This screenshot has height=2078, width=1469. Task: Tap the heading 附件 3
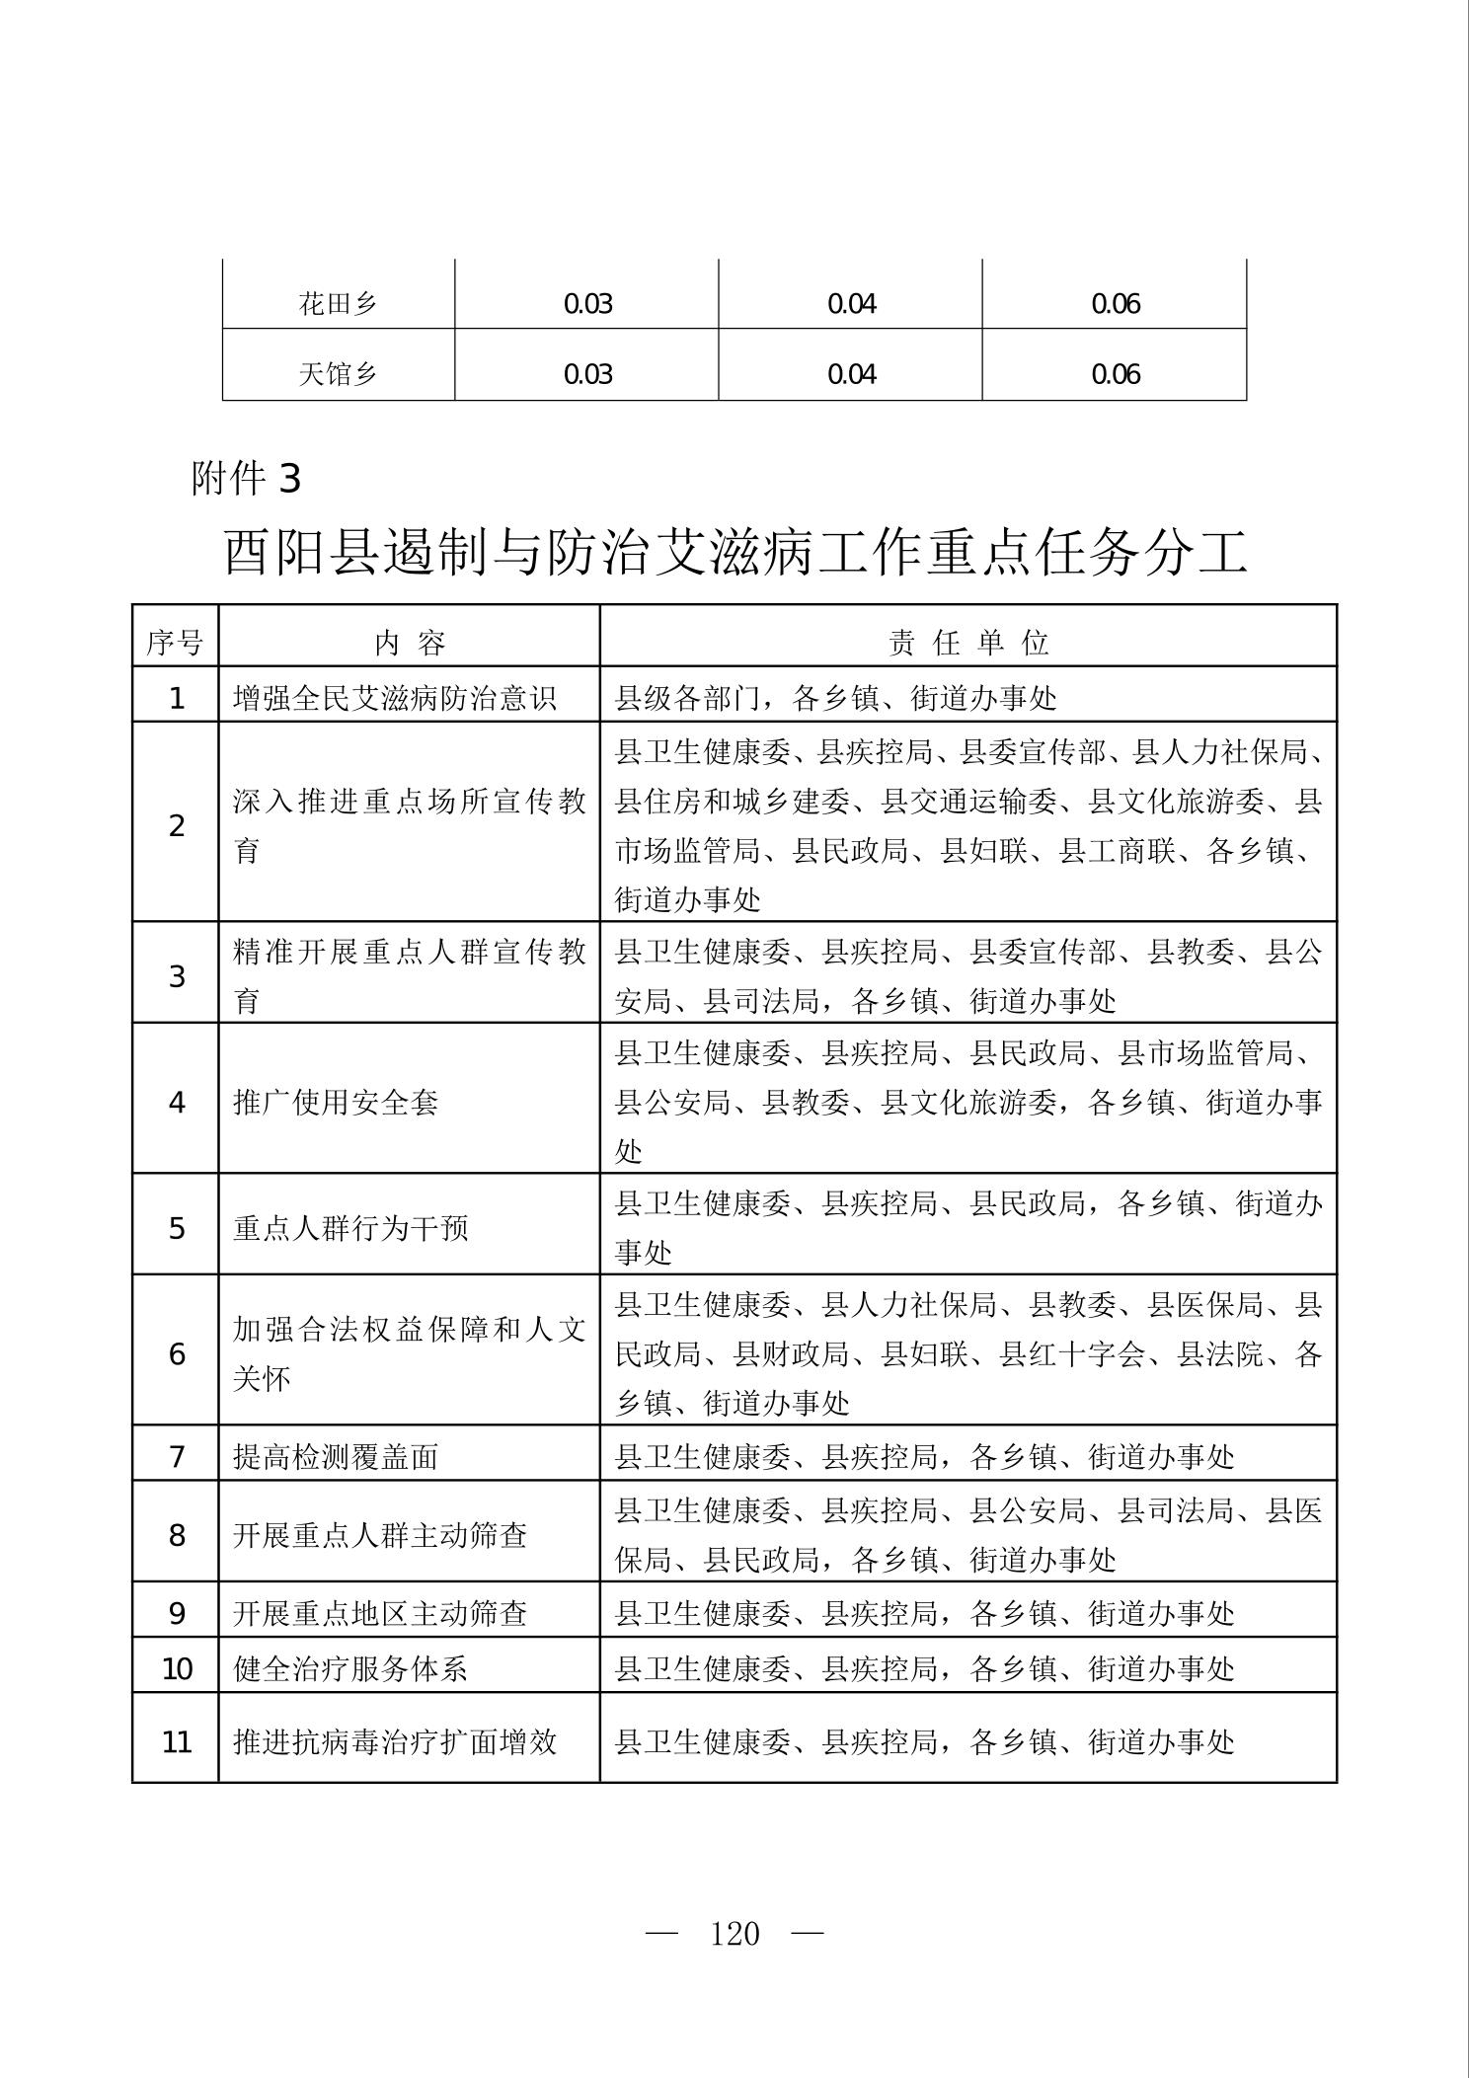(247, 479)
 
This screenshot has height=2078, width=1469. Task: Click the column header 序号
(175, 644)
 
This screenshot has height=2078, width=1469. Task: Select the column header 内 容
(410, 644)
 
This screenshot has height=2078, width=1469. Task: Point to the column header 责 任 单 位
(968, 644)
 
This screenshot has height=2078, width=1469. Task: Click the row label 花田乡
(338, 303)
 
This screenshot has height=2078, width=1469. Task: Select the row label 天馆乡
(338, 374)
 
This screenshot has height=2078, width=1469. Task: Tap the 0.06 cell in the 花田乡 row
(1115, 303)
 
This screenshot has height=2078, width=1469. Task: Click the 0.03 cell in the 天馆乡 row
(587, 374)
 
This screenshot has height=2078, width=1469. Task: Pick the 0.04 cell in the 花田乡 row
(851, 303)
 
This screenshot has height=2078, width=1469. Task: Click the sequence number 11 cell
(176, 1741)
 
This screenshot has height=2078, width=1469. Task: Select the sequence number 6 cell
(176, 1353)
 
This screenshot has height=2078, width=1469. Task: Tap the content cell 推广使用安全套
(336, 1102)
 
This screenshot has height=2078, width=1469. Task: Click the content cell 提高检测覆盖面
(336, 1456)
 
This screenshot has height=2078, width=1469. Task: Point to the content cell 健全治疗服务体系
(350, 1669)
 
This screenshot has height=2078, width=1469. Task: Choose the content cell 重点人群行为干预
(350, 1228)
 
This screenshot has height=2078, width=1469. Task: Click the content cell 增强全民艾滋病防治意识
(395, 698)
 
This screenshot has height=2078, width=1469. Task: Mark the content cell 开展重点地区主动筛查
(380, 1613)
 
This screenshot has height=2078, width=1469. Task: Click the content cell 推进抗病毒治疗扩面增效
(395, 1741)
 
